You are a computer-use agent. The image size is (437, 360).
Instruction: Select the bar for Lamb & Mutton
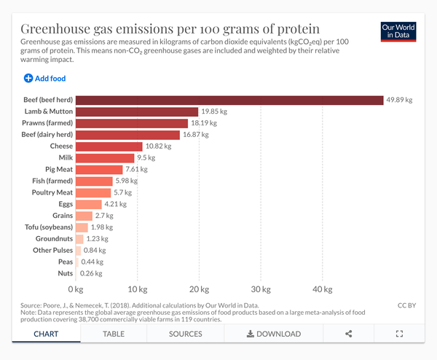pyautogui.click(x=137, y=111)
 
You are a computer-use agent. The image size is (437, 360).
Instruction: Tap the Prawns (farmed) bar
pyautogui.click(x=132, y=123)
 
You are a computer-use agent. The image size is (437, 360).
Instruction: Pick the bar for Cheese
pyautogui.click(x=109, y=146)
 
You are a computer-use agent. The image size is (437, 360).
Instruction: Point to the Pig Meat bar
pyautogui.click(x=99, y=169)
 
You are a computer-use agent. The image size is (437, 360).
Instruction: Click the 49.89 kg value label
pyautogui.click(x=399, y=100)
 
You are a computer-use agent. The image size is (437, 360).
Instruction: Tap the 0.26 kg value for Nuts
pyautogui.click(x=92, y=273)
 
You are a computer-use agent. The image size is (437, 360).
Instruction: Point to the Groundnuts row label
pyautogui.click(x=55, y=238)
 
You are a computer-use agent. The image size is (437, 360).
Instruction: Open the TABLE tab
pyautogui.click(x=114, y=334)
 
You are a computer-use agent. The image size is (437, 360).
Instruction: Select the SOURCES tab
pyautogui.click(x=185, y=334)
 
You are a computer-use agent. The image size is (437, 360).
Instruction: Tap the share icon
pyautogui.click(x=348, y=334)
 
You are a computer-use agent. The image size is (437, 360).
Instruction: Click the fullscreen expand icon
pyautogui.click(x=399, y=334)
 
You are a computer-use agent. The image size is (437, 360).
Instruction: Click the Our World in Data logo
pyautogui.click(x=398, y=31)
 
